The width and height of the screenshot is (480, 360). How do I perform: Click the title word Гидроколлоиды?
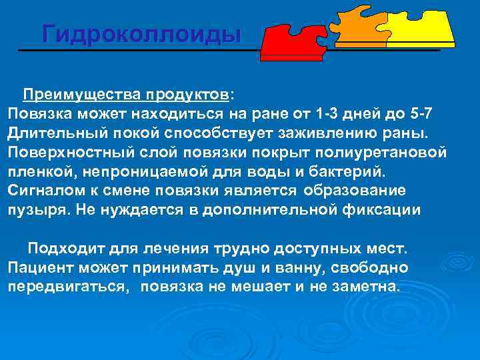(141, 33)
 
